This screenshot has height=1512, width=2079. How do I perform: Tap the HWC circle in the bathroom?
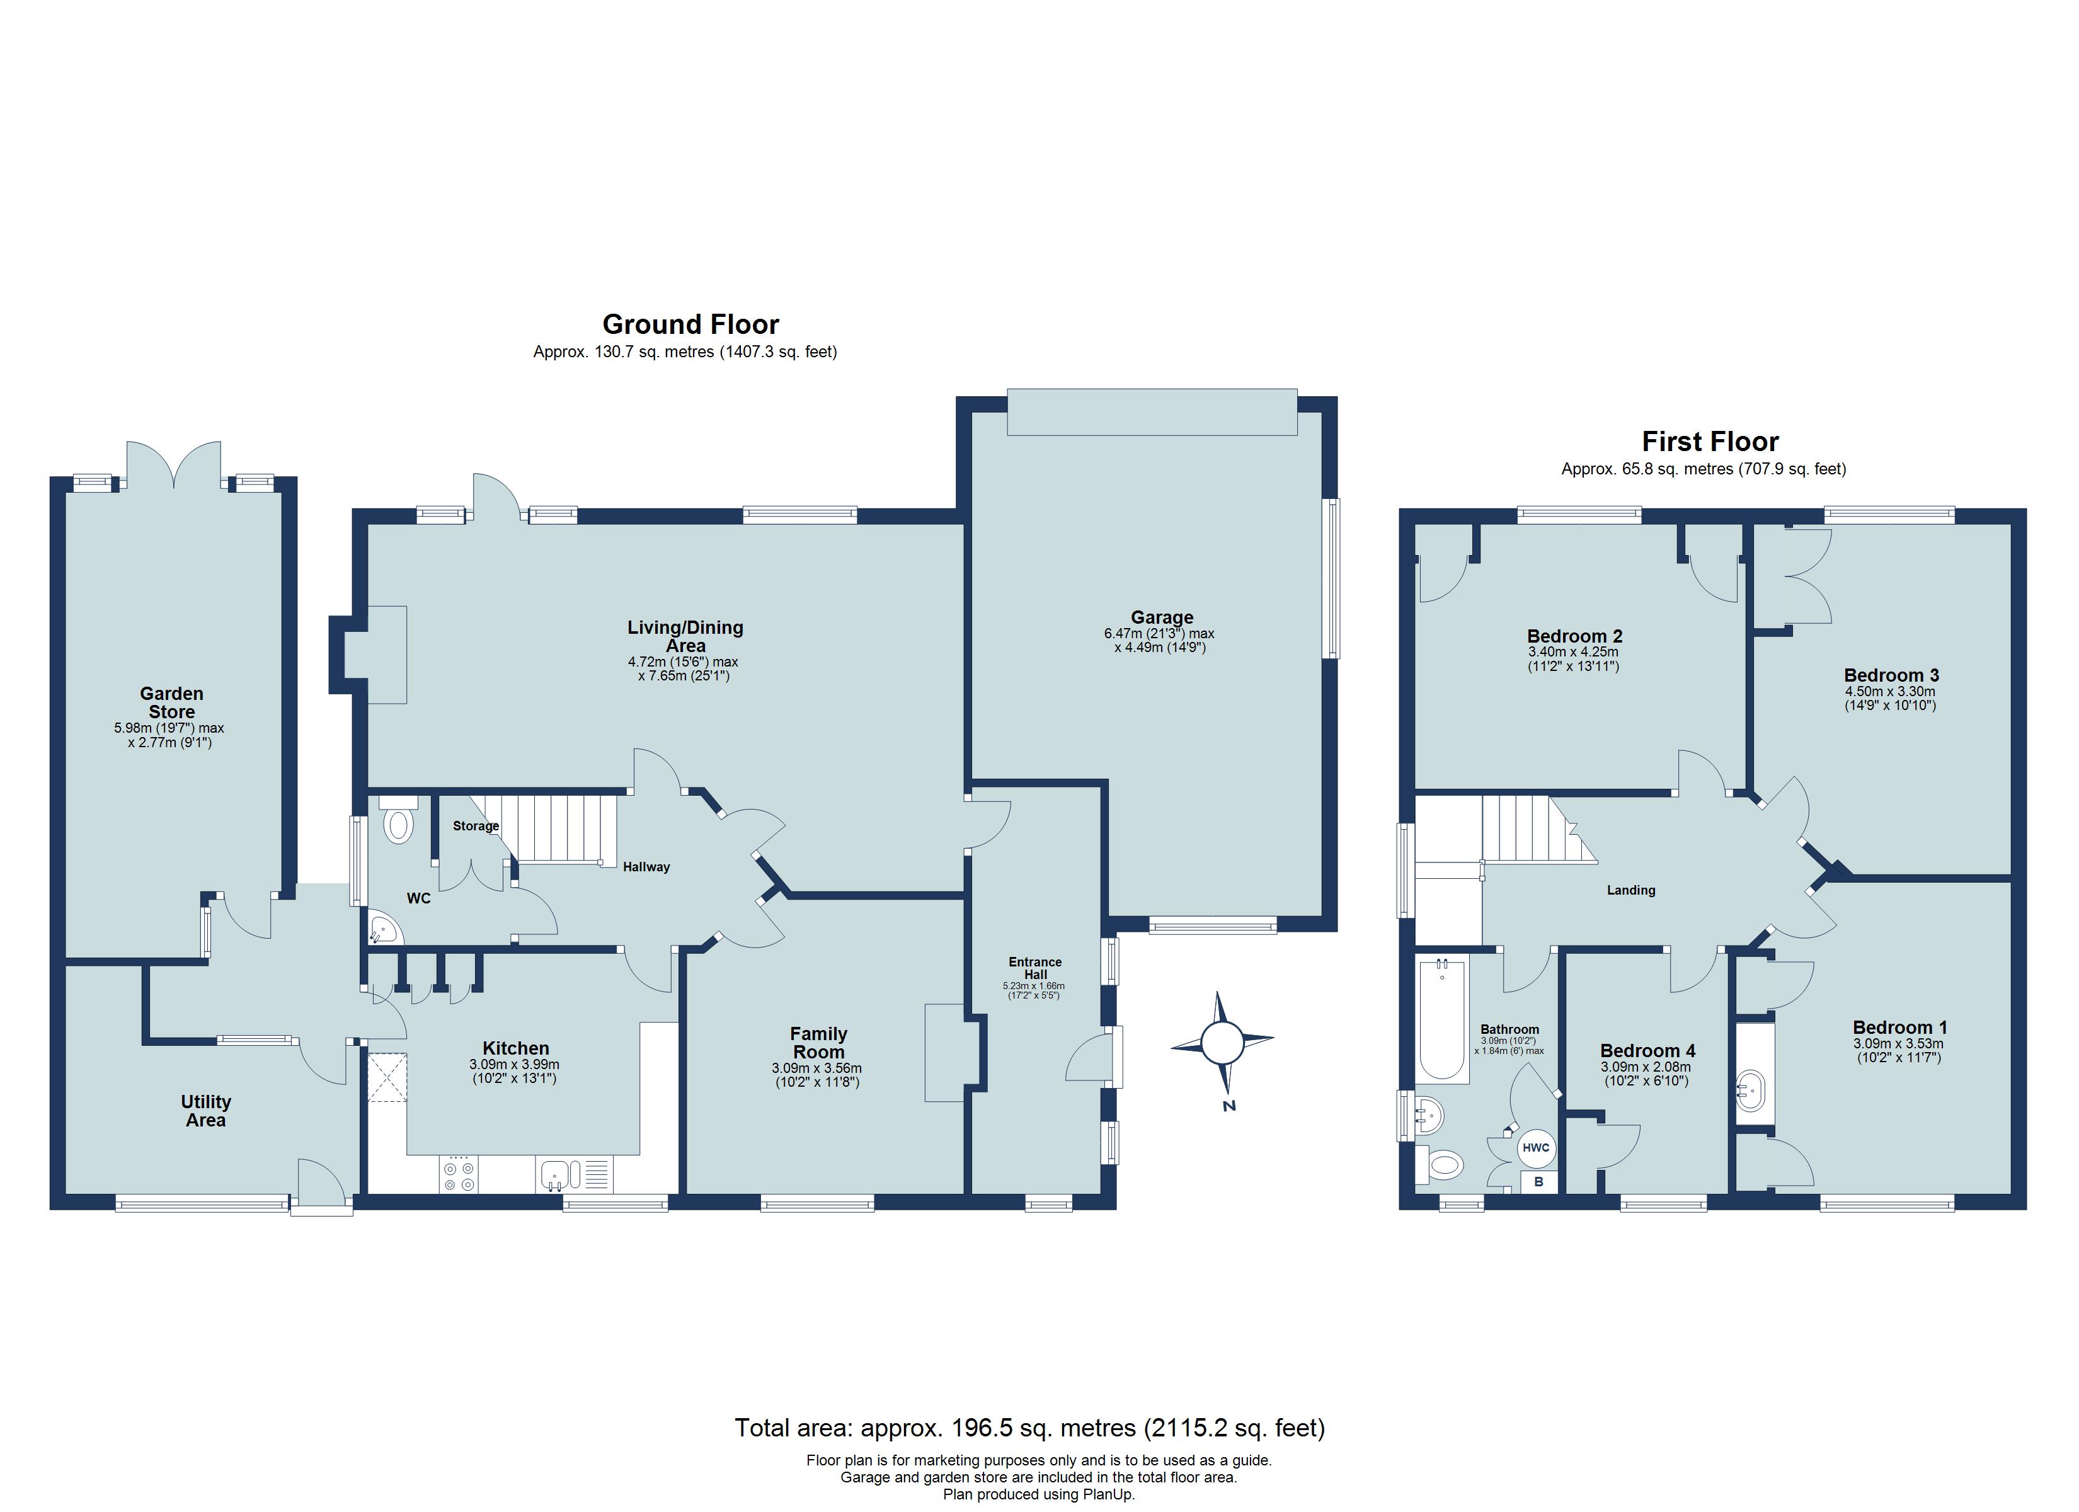(1535, 1147)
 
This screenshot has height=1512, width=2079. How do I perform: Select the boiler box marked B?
(1538, 1182)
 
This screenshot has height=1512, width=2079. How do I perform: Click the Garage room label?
(1162, 617)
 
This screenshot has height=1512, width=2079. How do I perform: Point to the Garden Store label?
(171, 702)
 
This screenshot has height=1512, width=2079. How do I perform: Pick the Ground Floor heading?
(690, 324)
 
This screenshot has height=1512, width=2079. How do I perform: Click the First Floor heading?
(1710, 442)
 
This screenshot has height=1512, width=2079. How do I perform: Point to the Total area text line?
(1029, 1428)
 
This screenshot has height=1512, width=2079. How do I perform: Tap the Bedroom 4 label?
(1647, 1051)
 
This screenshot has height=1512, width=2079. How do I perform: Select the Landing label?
(1630, 890)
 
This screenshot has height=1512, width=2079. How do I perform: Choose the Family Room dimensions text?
(816, 1075)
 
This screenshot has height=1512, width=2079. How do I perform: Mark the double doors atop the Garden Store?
(174, 465)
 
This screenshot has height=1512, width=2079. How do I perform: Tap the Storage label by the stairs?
(476, 826)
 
